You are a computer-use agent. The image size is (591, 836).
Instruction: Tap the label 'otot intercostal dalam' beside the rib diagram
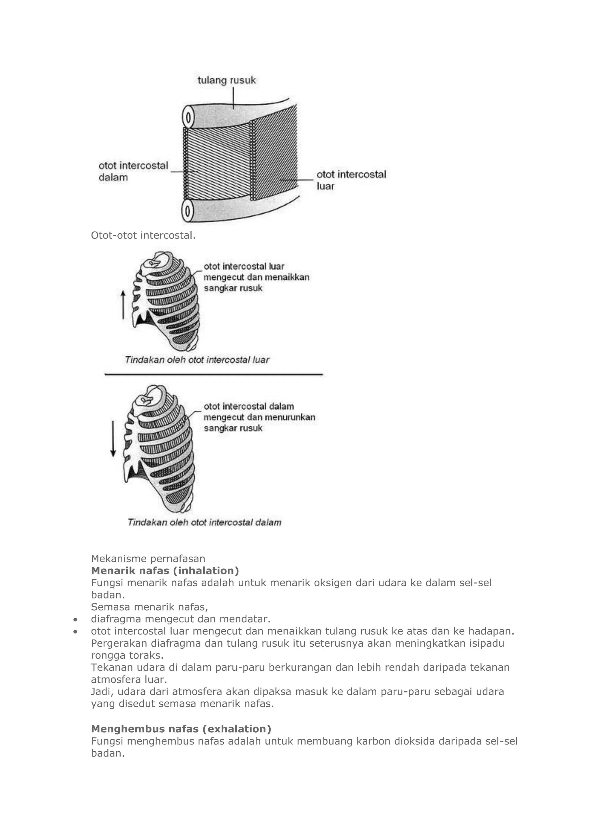pyautogui.click(x=133, y=171)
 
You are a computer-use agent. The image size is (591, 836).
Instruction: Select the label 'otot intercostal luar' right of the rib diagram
pyautogui.click(x=351, y=180)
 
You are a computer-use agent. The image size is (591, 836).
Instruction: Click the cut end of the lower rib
pyautogui.click(x=187, y=211)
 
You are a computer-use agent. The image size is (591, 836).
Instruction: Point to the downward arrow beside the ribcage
pyautogui.click(x=113, y=439)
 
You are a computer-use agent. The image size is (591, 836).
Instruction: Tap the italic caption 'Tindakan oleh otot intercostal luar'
pyautogui.click(x=197, y=360)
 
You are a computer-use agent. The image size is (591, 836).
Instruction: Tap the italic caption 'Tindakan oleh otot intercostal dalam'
pyautogui.click(x=204, y=522)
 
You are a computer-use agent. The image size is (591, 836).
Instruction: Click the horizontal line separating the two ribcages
pyautogui.click(x=214, y=374)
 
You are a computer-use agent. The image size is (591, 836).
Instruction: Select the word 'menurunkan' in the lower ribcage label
pyautogui.click(x=294, y=417)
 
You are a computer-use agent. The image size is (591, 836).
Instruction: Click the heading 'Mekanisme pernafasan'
pyautogui.click(x=148, y=559)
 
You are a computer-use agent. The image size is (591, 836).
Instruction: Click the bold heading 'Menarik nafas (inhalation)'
pyautogui.click(x=165, y=570)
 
